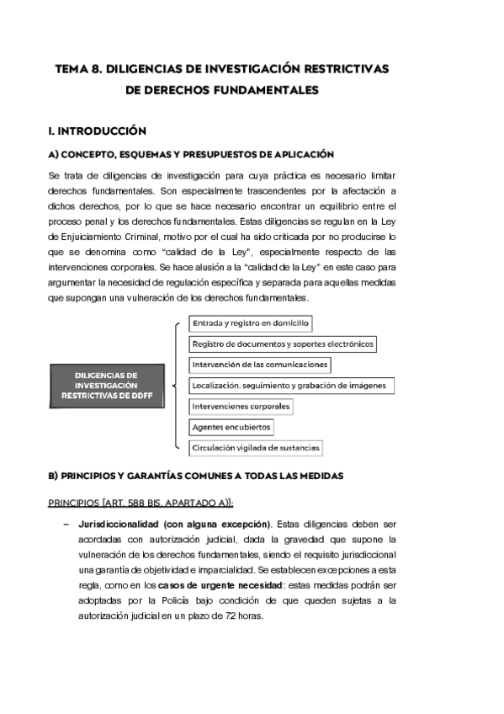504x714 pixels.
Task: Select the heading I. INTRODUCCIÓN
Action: (x=98, y=131)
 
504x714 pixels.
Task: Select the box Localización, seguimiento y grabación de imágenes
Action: (x=289, y=386)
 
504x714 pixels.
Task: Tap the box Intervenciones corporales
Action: (x=241, y=406)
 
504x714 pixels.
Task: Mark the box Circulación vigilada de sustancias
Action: (x=256, y=448)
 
